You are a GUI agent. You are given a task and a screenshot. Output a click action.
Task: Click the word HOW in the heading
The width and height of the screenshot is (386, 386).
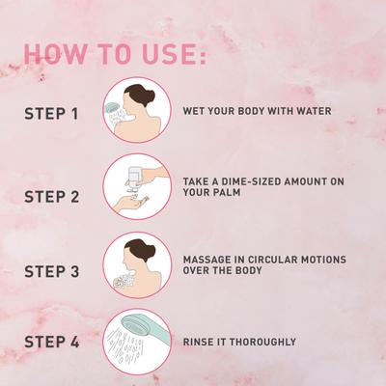point(55,53)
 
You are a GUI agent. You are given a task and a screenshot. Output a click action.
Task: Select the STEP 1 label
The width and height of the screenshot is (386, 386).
point(51,114)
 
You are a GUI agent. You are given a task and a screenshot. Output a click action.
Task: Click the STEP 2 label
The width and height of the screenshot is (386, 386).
point(52,197)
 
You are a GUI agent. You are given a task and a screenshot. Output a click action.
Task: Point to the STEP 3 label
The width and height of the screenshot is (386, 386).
point(52,271)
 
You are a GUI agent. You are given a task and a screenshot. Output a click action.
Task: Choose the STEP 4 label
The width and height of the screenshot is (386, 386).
point(52,342)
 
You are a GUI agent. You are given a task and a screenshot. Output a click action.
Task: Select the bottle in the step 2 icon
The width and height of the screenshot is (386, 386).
point(134,178)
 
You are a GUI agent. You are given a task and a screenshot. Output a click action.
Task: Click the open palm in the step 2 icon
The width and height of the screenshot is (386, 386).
point(131,204)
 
